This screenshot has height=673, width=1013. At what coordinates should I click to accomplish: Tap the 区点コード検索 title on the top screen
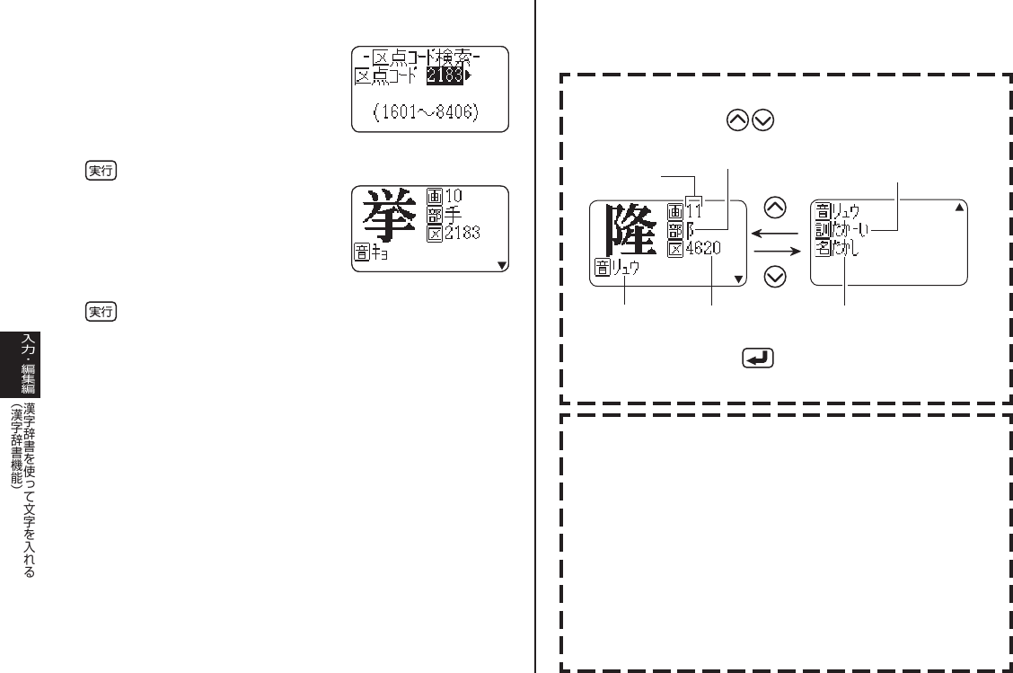pos(427,58)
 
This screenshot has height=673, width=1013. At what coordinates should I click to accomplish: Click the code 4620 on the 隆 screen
pos(704,249)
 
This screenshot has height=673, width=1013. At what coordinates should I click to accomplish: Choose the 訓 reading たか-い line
pos(852,230)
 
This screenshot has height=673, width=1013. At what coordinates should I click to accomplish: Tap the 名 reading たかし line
pos(845,249)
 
